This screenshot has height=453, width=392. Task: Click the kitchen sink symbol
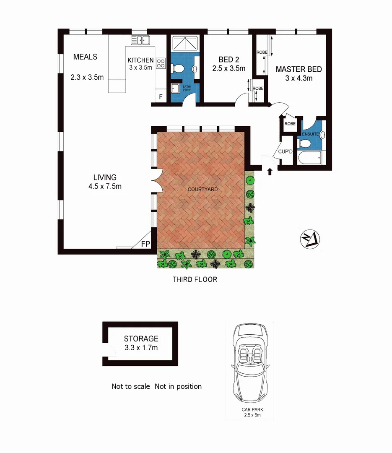(x=140, y=40)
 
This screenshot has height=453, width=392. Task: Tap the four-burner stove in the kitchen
(x=161, y=64)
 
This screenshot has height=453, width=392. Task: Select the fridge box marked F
(x=160, y=96)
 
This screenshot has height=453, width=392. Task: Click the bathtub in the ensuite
(x=309, y=158)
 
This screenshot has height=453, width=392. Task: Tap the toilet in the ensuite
(x=305, y=144)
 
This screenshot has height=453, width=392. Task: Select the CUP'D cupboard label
(x=285, y=151)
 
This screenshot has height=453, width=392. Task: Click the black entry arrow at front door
(x=270, y=171)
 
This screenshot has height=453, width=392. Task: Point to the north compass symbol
(x=310, y=239)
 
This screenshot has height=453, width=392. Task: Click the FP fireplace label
(x=145, y=244)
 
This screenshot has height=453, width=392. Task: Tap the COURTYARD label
(x=202, y=190)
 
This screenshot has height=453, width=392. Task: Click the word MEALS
(x=85, y=57)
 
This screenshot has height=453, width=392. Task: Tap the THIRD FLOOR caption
(x=195, y=279)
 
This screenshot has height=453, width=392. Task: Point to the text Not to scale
(x=130, y=386)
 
